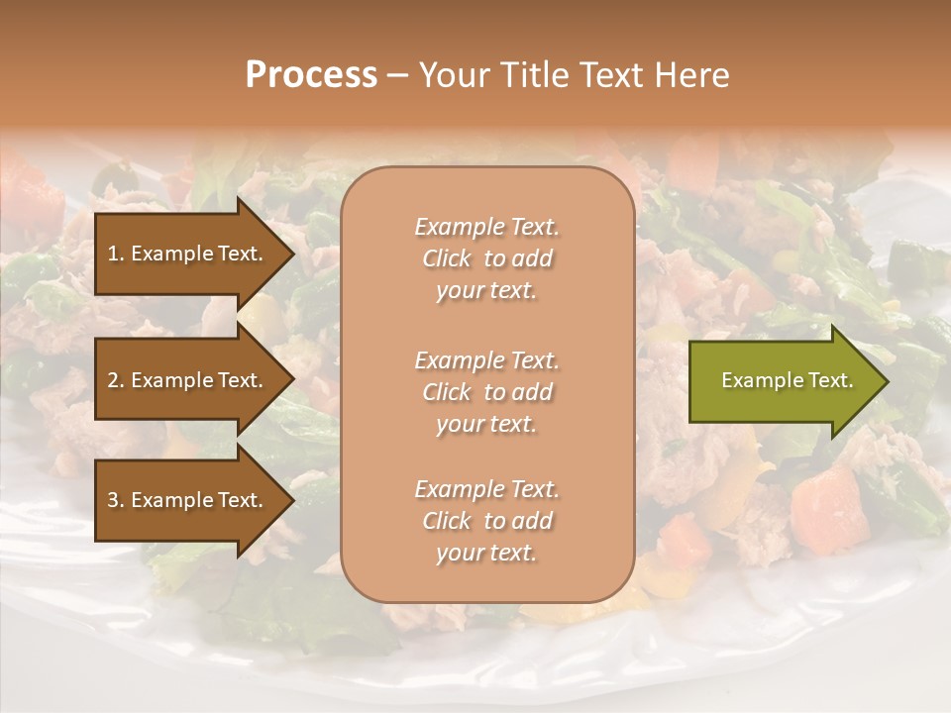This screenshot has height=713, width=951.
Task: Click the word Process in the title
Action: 311,75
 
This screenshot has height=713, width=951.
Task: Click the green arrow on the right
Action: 783,381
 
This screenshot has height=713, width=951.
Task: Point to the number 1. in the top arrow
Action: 115,254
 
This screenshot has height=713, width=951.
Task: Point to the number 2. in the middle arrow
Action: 115,380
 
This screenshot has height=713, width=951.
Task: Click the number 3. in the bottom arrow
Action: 115,500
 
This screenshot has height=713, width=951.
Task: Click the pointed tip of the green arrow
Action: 886,381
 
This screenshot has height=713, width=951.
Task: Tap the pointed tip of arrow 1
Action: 292,254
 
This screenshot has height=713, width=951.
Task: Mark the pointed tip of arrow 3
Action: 292,500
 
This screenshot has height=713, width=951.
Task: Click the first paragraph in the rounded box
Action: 486,258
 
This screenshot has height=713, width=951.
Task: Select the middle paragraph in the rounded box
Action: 486,392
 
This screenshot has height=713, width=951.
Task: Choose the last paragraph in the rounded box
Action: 486,521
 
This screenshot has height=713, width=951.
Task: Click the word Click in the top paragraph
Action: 446,258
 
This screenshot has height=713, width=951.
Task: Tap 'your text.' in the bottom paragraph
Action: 486,553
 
